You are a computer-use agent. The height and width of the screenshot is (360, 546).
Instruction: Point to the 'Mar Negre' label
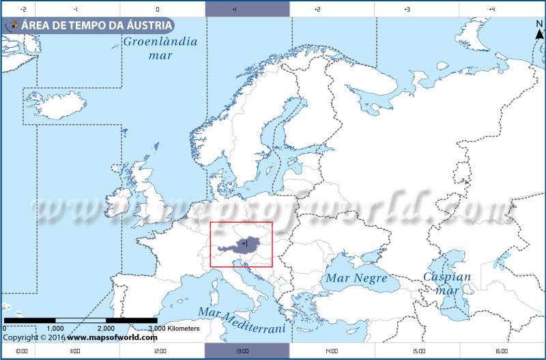click(356, 279)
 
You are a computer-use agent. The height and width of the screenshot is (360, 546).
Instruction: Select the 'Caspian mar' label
click(447, 283)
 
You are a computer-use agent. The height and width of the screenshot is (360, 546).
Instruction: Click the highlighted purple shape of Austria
click(242, 245)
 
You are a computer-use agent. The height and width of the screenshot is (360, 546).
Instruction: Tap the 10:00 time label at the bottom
click(21, 351)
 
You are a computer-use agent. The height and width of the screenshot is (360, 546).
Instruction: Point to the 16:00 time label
click(502, 351)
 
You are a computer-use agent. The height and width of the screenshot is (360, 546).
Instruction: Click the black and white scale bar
click(81, 320)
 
